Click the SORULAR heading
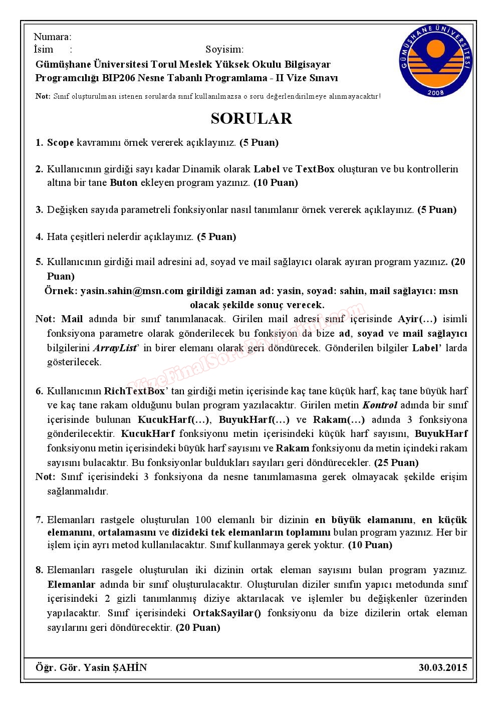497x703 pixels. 251,118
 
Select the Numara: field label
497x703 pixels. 52,37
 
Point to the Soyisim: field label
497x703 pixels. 224,49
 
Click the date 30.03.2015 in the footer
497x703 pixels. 442,667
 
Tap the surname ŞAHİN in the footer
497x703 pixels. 130,667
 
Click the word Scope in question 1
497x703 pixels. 60,142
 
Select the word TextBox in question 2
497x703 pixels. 315,169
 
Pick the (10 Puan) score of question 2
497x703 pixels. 276,182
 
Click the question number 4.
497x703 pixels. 39,237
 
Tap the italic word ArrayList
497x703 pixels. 115,348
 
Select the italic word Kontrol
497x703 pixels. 380,405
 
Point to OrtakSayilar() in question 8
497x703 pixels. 226,613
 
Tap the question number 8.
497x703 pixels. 39,570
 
